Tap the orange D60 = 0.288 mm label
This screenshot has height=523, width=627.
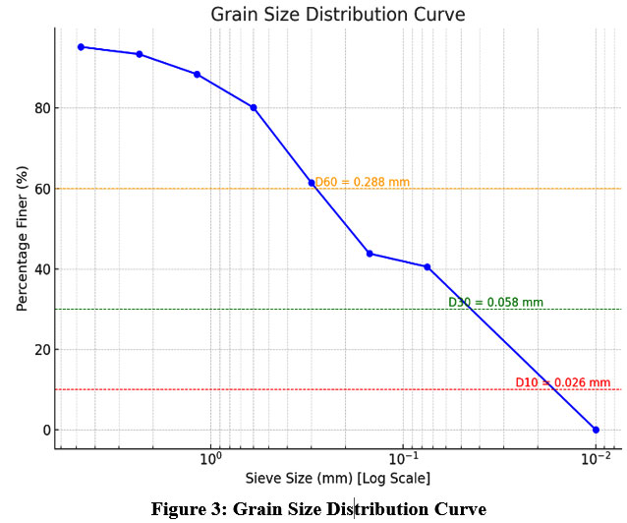[362, 182]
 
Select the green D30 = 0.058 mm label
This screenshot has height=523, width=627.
[495, 303]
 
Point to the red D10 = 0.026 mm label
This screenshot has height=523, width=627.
[562, 382]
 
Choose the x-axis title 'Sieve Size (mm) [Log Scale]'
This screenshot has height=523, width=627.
[337, 479]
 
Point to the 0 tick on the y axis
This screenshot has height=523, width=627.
[44, 430]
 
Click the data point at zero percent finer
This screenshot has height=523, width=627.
[596, 430]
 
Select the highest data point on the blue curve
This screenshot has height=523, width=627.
[81, 46]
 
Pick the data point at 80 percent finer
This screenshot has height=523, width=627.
[254, 107]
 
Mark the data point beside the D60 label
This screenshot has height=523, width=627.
[312, 183]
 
